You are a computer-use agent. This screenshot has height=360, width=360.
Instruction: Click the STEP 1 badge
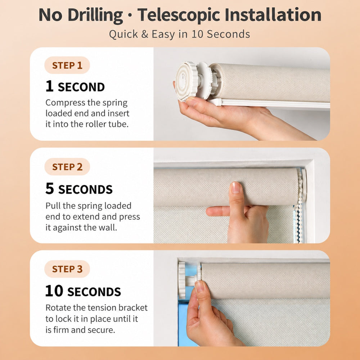tap(67, 65)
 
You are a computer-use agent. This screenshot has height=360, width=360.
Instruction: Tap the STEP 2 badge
tap(67, 167)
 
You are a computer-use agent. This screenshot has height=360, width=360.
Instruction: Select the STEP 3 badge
tap(67, 269)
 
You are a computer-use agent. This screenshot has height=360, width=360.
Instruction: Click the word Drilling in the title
tap(95, 15)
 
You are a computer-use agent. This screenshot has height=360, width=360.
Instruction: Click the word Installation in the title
tap(273, 15)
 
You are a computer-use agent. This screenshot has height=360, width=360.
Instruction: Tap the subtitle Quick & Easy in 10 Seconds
tap(180, 35)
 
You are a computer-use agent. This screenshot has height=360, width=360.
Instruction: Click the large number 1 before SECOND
tap(49, 86)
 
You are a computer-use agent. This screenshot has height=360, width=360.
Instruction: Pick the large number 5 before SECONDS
tap(50, 189)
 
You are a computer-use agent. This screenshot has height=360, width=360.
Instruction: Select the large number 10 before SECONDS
tap(54, 291)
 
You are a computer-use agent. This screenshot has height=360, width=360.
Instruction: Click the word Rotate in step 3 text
tap(58, 308)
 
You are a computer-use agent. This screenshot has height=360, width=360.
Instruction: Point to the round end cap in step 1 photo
tap(186, 81)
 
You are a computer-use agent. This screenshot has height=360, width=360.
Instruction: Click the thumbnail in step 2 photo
tap(235, 187)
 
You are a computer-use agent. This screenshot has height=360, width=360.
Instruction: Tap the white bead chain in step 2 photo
tap(300, 207)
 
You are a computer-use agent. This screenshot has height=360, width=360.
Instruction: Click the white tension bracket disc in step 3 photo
tap(181, 280)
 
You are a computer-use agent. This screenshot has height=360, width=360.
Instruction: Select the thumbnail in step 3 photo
tap(199, 286)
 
